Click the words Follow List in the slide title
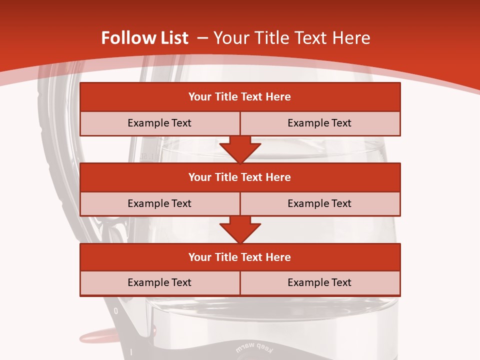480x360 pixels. pyautogui.click(x=144, y=38)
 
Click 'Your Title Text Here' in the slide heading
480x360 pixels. pyautogui.click(x=292, y=38)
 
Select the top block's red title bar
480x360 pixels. pyautogui.click(x=240, y=97)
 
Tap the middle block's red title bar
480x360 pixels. pyautogui.click(x=240, y=177)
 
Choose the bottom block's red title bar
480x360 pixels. pyautogui.click(x=240, y=257)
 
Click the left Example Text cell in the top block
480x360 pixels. pyautogui.click(x=159, y=123)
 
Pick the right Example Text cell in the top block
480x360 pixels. pyautogui.click(x=319, y=123)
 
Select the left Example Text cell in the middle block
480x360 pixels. pyautogui.click(x=159, y=203)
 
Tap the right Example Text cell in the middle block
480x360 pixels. pyautogui.click(x=319, y=203)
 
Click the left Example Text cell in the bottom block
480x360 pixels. pyautogui.click(x=159, y=282)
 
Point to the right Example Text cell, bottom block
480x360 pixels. pyautogui.click(x=319, y=282)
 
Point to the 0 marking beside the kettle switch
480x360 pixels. pyautogui.click(x=116, y=310)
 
